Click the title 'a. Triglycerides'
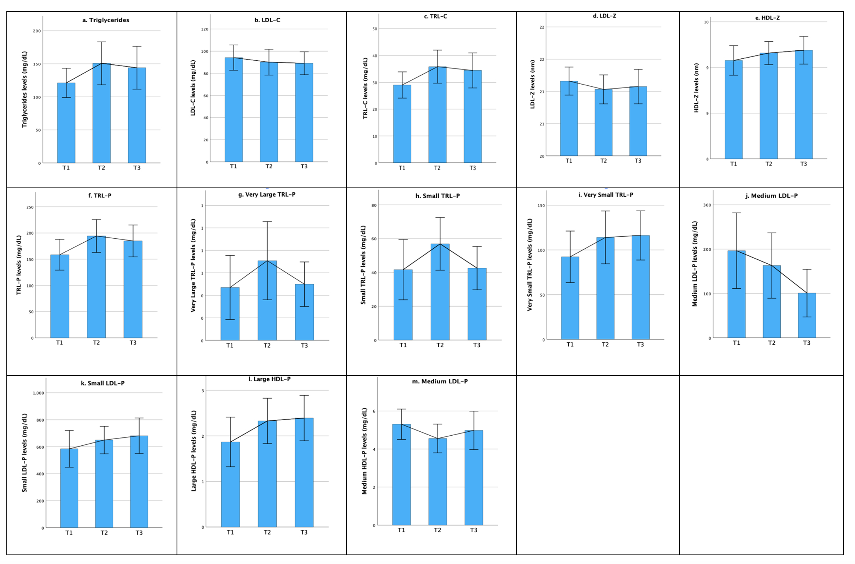(106, 20)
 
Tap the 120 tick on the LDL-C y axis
(205, 29)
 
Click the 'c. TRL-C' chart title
(435, 16)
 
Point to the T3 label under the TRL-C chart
(472, 168)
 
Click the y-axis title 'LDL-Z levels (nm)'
(532, 84)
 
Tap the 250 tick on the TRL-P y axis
(30, 207)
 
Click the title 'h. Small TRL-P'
(437, 196)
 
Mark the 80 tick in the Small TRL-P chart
(374, 205)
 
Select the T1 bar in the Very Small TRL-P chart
(570, 298)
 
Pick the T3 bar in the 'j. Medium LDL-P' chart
(806, 315)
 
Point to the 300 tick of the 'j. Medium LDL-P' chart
(707, 205)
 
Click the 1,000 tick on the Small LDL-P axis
(39, 393)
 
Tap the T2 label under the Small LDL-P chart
(104, 533)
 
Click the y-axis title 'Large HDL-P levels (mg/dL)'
(194, 451)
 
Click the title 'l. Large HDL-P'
(270, 379)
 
